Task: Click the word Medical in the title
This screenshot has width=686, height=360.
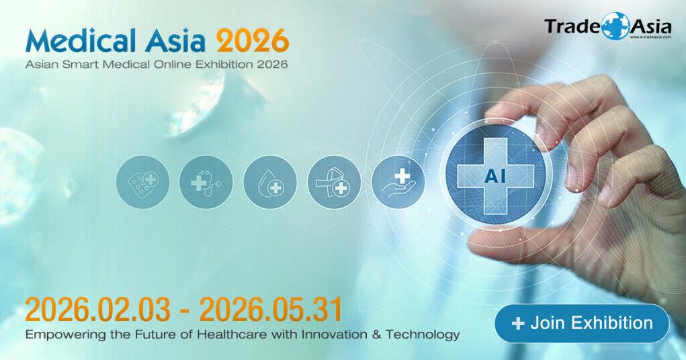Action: click(x=79, y=42)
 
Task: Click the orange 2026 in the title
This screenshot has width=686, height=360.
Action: click(x=252, y=42)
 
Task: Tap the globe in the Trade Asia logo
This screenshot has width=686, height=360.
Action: click(x=615, y=26)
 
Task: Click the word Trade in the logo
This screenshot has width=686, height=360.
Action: click(x=572, y=27)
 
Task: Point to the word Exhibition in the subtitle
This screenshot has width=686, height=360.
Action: click(x=216, y=65)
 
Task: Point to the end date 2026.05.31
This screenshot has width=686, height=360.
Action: click(x=271, y=310)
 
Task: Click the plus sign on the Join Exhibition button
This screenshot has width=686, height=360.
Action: click(x=517, y=324)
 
